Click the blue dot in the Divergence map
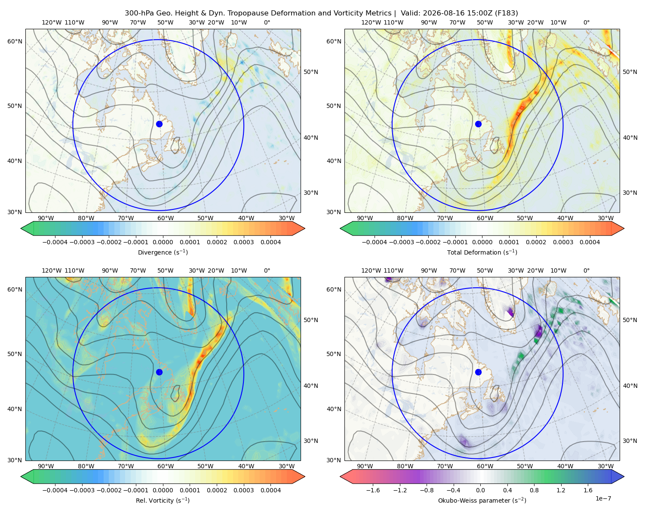pos(159,124)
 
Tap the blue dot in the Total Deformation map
pos(478,124)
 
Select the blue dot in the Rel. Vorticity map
pos(159,372)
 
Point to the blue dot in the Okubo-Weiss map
pos(478,372)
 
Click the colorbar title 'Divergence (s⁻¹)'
pos(163,252)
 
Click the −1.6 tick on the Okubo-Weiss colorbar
pos(373,490)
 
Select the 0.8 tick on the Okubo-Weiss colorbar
pos(534,490)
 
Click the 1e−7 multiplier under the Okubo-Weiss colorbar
pos(603,498)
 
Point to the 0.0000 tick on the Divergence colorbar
pos(163,242)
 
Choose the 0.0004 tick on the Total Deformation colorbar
pos(590,242)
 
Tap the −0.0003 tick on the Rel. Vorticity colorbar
pos(82,490)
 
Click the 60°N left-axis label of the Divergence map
pos(15,41)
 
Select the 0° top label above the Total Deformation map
pos(586,22)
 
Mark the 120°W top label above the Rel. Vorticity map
pos(52,270)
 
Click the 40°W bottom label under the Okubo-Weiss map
pos(565,466)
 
